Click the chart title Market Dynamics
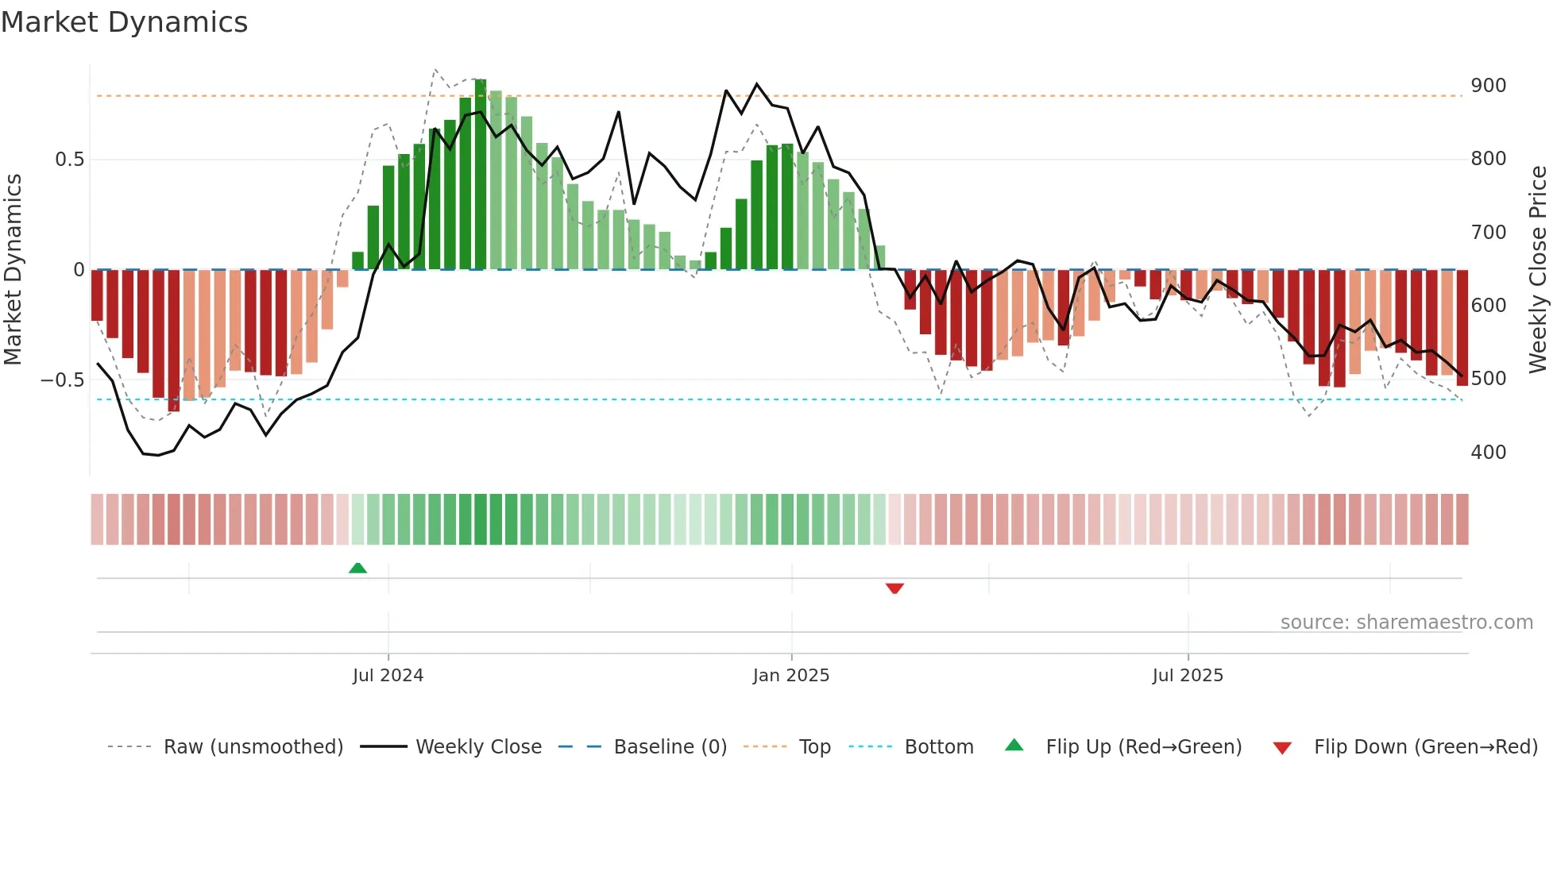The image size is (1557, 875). (x=124, y=22)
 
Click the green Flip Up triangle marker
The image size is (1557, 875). (x=357, y=568)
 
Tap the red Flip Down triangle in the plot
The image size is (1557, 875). (x=894, y=588)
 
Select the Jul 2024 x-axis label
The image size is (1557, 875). (x=388, y=676)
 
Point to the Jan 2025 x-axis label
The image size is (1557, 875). (x=791, y=676)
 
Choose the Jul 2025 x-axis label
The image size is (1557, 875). (x=1188, y=676)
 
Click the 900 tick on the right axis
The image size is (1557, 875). (x=1488, y=86)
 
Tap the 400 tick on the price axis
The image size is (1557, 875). (x=1488, y=453)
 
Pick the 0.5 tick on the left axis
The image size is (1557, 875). (x=69, y=160)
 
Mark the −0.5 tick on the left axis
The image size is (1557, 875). (x=63, y=380)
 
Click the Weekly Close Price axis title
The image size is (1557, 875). (x=1538, y=269)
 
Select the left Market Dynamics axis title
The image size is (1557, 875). (x=13, y=269)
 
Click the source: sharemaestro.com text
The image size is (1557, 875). (x=1406, y=623)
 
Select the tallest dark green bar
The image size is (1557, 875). (x=481, y=175)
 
